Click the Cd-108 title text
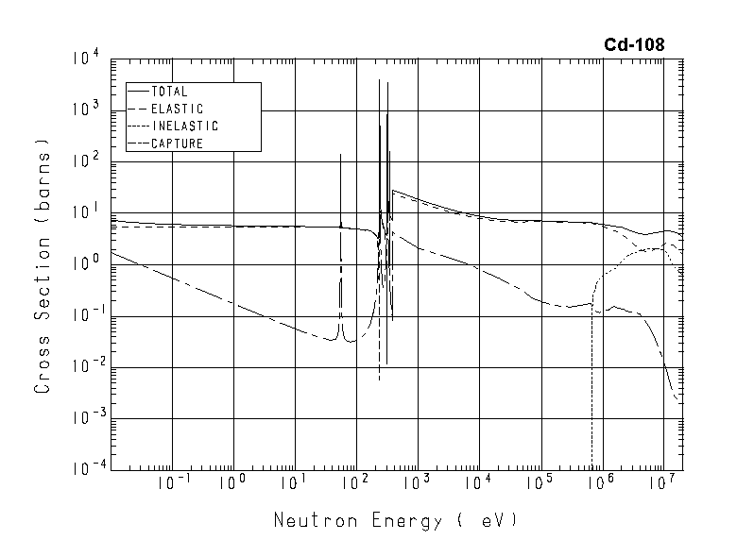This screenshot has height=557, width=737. [634, 44]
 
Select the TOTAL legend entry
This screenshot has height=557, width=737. [170, 92]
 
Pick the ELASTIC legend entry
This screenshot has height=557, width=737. [177, 109]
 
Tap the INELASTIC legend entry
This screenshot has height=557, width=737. [184, 126]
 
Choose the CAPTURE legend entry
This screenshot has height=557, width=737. [177, 143]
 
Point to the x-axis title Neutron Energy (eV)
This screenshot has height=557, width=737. [396, 520]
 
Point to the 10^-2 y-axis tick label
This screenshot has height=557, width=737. [83, 366]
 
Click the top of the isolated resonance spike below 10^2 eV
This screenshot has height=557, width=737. [340, 154]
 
